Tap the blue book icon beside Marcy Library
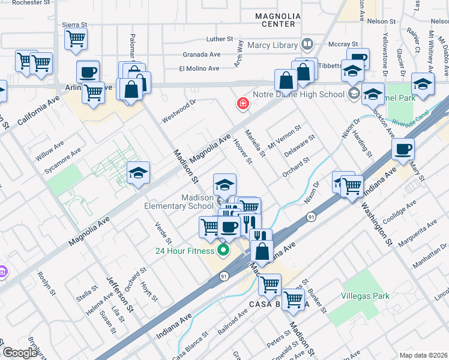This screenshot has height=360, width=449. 307,44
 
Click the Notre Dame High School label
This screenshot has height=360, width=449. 303,94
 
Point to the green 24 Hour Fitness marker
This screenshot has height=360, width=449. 224,250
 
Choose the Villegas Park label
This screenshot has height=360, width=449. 365,296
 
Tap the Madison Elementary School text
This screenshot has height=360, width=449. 179,202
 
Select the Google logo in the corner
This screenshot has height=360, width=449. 20,352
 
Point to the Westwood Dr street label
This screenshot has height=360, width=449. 178,112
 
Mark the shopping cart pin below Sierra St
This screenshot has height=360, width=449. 76,38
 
